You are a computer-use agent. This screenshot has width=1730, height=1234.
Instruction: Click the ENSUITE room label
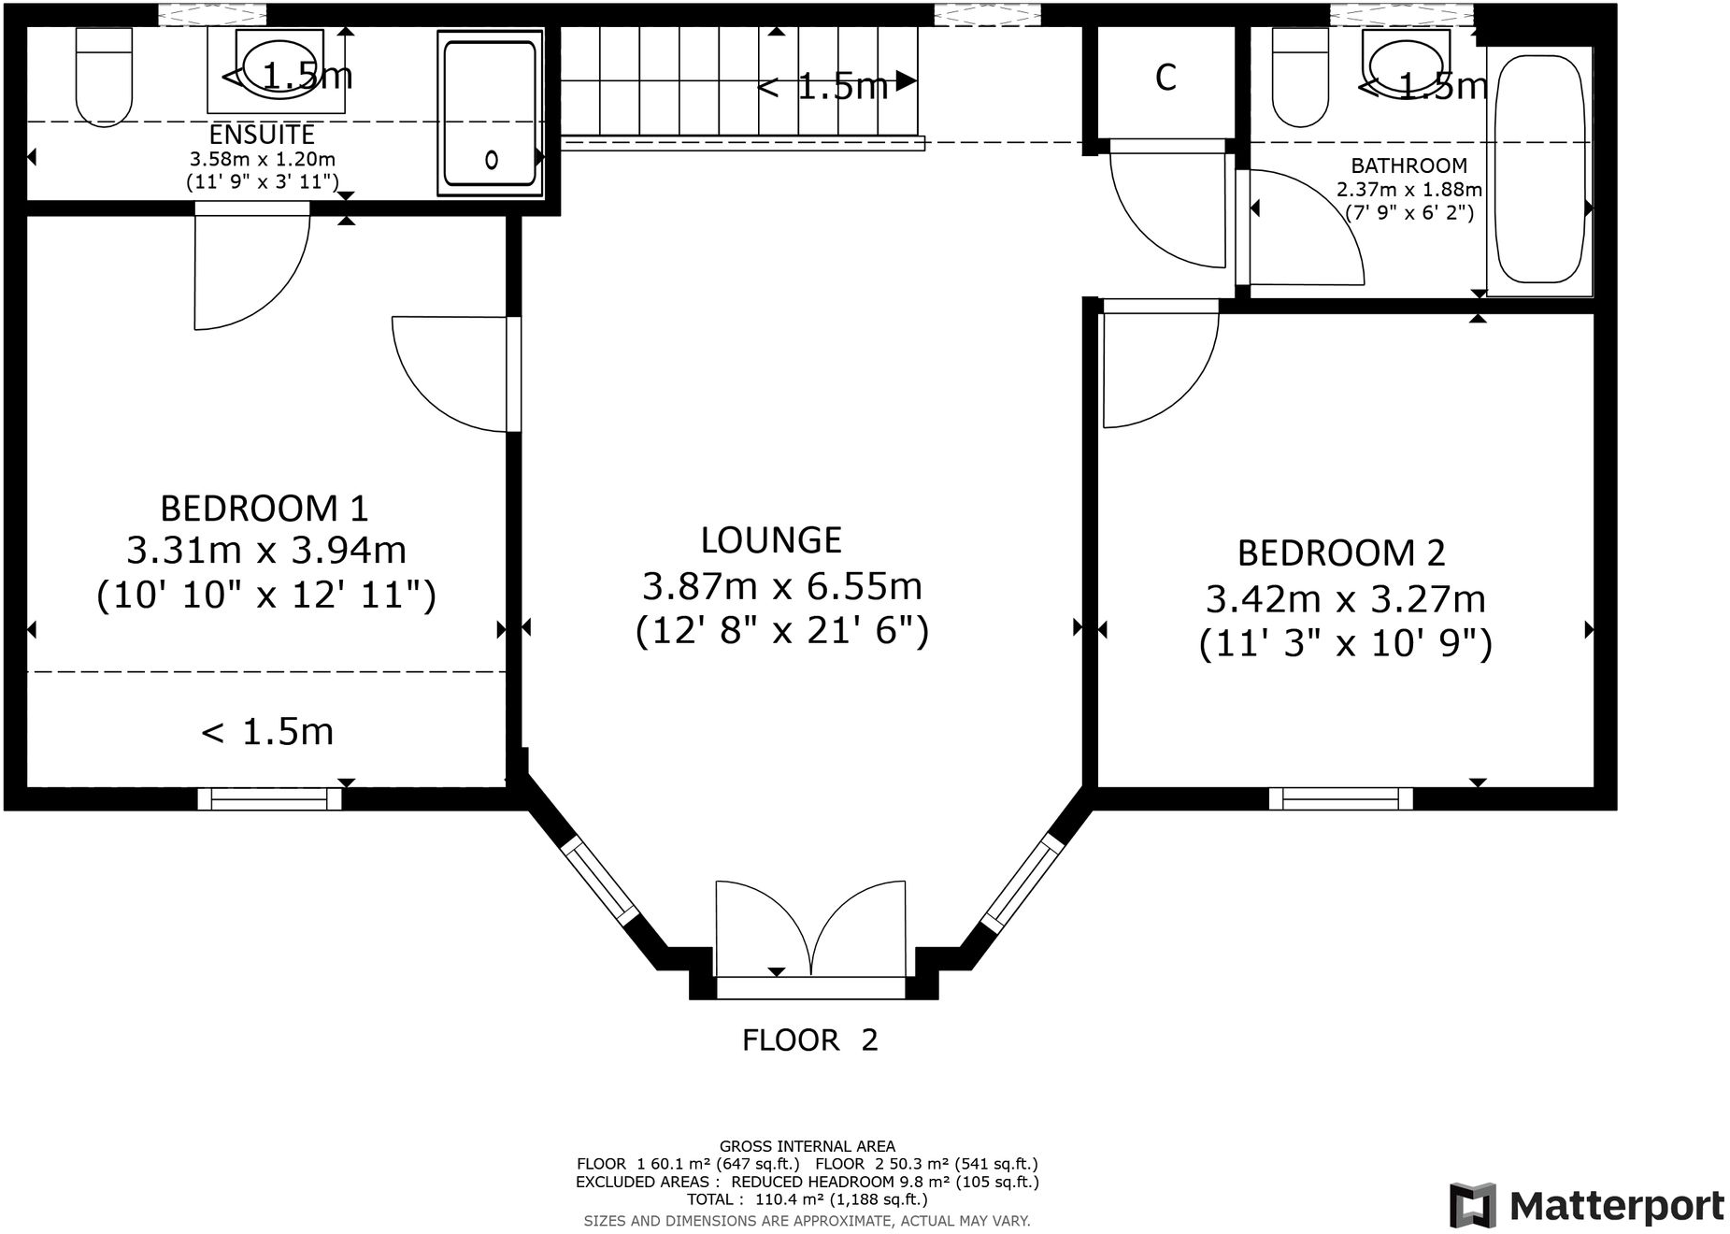[x=262, y=135]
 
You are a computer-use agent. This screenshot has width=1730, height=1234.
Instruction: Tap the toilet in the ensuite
[x=104, y=77]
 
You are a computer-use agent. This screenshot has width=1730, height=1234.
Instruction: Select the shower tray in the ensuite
[x=490, y=113]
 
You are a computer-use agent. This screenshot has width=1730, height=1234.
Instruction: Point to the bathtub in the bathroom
[x=1540, y=169]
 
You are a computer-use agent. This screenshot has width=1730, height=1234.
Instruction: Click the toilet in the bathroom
[x=1300, y=77]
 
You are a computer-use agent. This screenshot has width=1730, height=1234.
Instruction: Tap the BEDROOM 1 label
[x=265, y=509]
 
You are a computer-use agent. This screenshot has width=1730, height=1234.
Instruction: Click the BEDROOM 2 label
[x=1341, y=553]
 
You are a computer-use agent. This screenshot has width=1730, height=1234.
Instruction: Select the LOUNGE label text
[x=771, y=540]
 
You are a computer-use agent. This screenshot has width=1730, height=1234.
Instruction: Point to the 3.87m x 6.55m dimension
[x=782, y=586]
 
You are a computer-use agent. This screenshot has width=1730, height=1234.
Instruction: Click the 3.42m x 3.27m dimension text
[x=1345, y=598]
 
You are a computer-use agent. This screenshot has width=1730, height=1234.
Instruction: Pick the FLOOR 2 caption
[x=810, y=1040]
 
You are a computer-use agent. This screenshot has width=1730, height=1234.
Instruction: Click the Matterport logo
[x=1587, y=1206]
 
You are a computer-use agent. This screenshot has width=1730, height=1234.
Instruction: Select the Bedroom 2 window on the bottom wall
[x=1340, y=798]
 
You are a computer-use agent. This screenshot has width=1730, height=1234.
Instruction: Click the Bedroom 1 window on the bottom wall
[x=269, y=798]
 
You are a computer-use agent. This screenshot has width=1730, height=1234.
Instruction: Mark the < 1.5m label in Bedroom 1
[x=267, y=732]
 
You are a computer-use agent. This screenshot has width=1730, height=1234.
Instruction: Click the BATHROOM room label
[x=1408, y=166]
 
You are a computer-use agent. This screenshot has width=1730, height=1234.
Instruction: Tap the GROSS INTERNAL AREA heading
[x=807, y=1146]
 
